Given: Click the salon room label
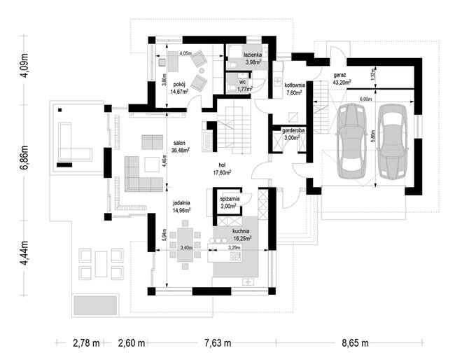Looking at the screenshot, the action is coord(179,143).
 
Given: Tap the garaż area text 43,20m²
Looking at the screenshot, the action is coord(342,82).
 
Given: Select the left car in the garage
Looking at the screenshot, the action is coord(351,141).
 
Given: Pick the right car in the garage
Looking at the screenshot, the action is coord(392,141).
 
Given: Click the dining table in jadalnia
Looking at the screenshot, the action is coord(185,244).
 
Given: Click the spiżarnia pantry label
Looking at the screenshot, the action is coord(230,199).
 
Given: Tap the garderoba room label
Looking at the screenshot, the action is coord(293,130).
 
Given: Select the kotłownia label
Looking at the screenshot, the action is coord(294,85).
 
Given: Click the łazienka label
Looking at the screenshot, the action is coord(253,55).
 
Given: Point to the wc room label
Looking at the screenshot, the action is coord(242,82).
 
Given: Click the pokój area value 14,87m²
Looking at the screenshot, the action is coord(179,91).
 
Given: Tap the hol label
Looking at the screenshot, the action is coord(222,165).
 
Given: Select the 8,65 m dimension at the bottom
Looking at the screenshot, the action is coord(355,343).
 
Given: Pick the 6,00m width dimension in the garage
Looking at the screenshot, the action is coord(365,99).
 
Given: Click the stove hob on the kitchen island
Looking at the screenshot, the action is coord(236,256).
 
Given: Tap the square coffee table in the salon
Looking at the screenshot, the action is coord(153,164).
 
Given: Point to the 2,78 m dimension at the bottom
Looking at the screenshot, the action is coord(86,343).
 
